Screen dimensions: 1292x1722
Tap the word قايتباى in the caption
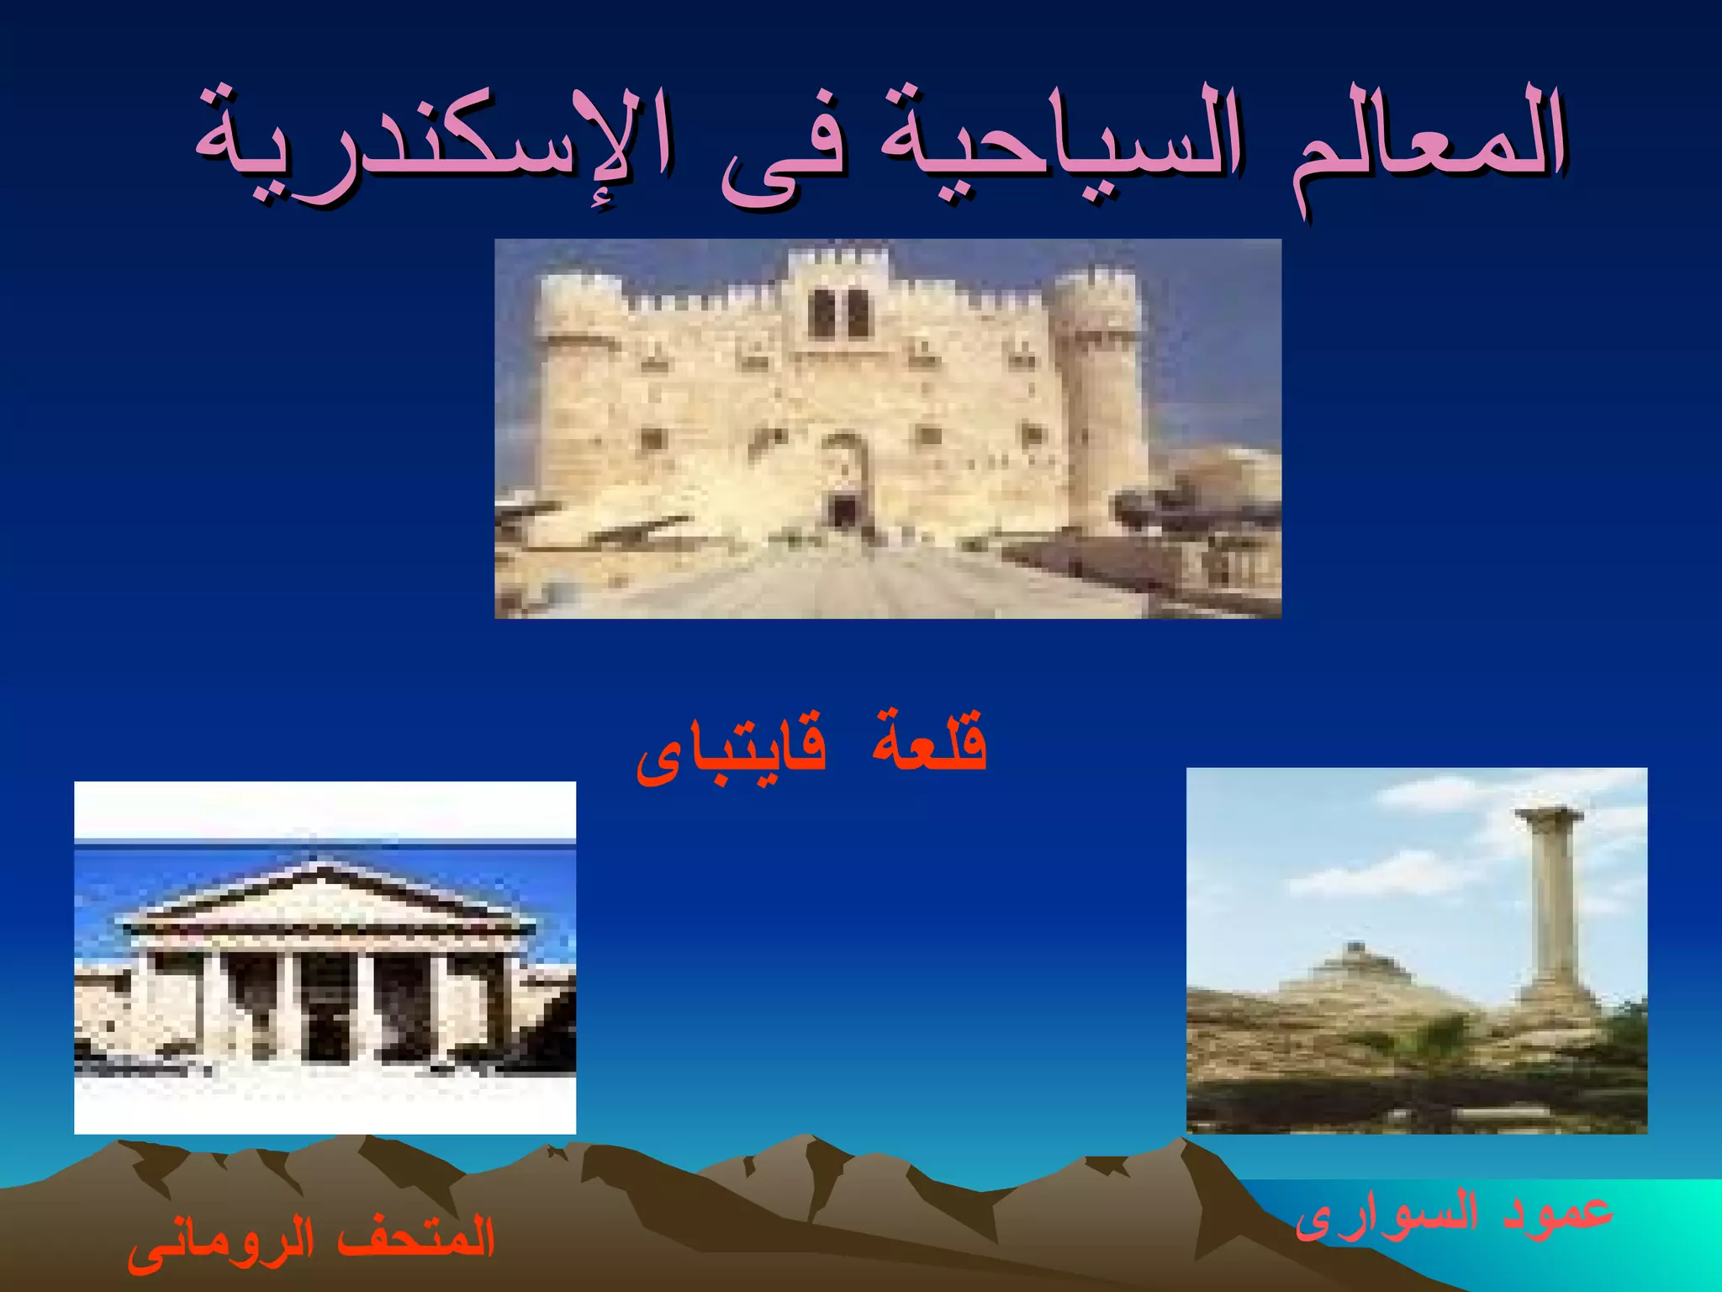[x=732, y=749]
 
